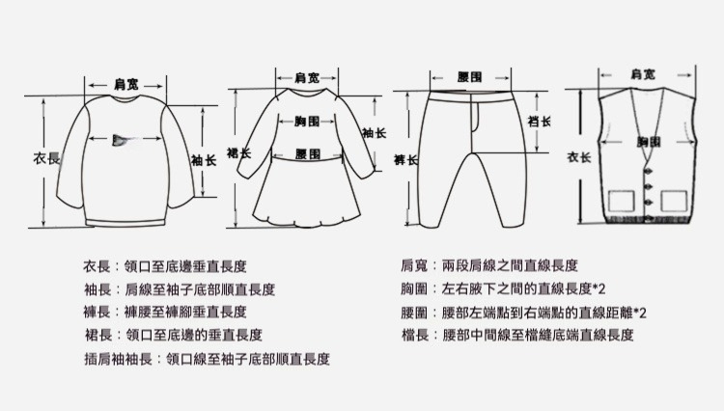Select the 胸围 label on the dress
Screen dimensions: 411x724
click(x=307, y=121)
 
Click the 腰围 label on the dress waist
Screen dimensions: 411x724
click(x=308, y=154)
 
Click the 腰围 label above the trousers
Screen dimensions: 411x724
click(x=470, y=75)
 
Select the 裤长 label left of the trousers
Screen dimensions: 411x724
click(x=405, y=158)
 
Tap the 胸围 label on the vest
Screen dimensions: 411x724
click(x=649, y=142)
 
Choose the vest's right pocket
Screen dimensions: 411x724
click(x=673, y=201)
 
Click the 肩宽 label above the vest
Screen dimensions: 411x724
click(x=644, y=73)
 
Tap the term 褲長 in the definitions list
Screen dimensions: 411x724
click(x=96, y=312)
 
